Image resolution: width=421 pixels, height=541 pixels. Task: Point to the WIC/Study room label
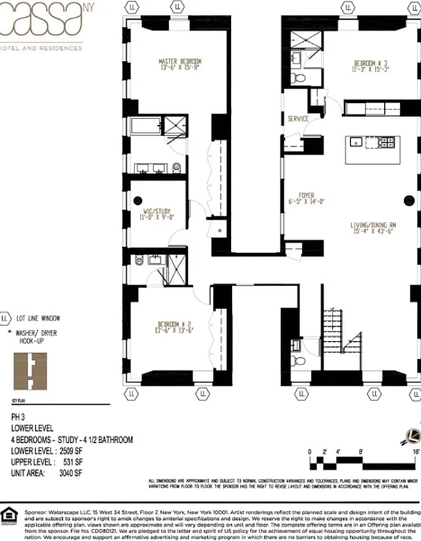pyautogui.click(x=157, y=214)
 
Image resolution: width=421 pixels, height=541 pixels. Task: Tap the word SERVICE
pyautogui.click(x=298, y=119)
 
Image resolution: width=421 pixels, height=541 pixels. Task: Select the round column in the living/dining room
pyautogui.click(x=408, y=199)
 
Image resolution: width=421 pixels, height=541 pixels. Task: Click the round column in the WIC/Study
pyautogui.click(x=138, y=199)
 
